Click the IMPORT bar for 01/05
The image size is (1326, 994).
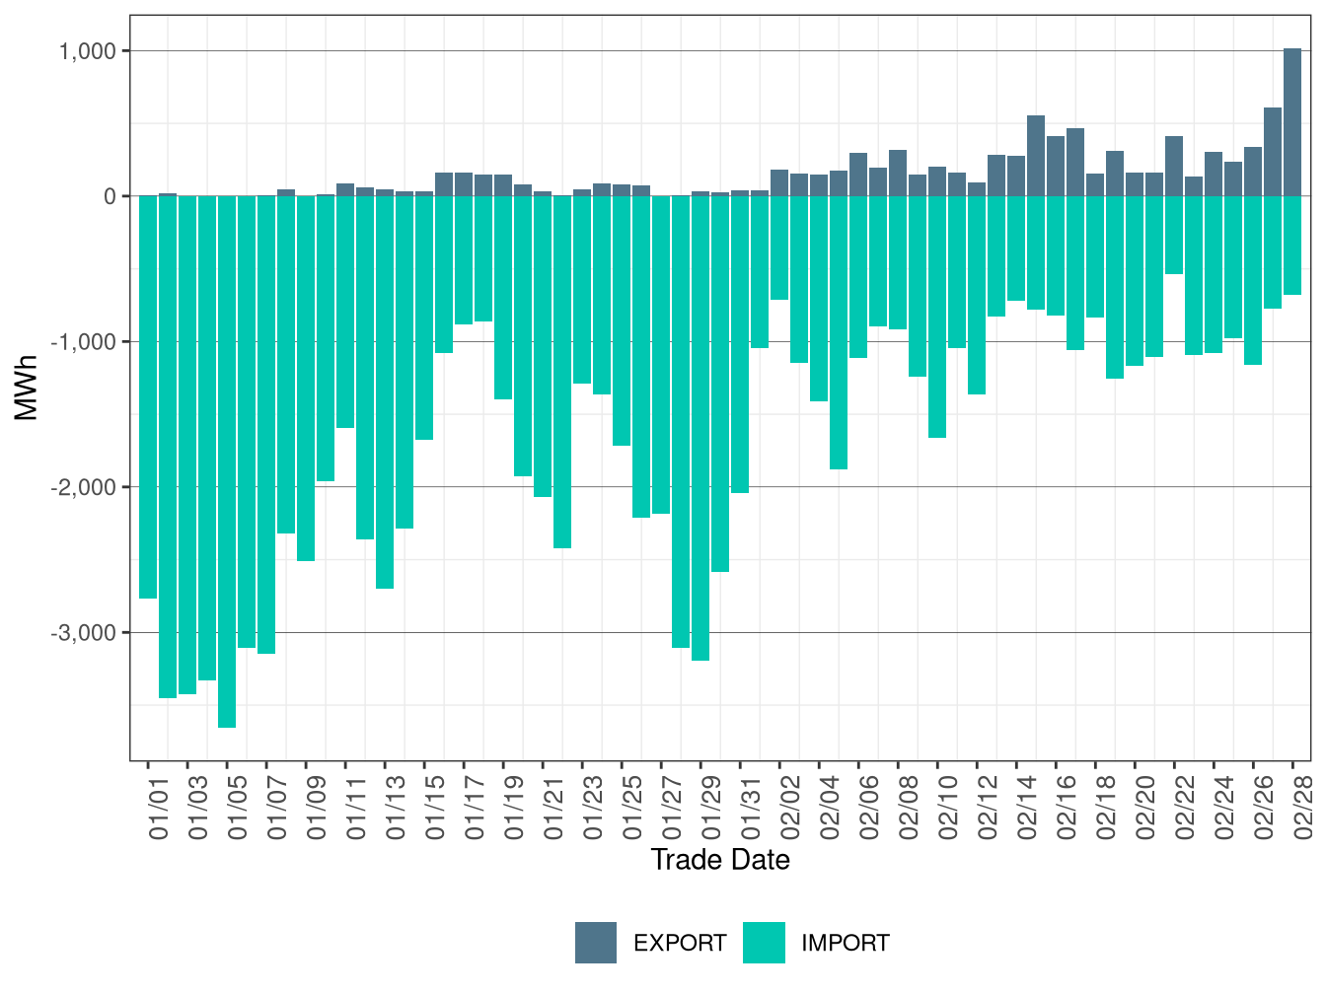227,461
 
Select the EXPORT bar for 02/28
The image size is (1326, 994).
1292,122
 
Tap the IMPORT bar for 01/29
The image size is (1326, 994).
700,428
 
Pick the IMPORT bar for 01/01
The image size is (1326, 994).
148,396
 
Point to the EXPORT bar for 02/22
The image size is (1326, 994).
1174,167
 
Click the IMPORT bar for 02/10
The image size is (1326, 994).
937,317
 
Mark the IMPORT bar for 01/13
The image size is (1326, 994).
385,391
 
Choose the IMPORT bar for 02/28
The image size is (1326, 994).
1292,245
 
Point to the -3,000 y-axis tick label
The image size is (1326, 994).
83,632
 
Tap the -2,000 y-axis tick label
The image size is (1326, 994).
83,487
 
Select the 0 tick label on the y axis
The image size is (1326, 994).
110,196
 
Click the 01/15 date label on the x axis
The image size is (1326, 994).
435,807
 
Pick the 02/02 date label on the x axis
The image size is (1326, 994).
790,807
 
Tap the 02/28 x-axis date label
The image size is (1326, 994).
1303,807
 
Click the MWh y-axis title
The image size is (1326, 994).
27,388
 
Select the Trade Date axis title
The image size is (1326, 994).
720,860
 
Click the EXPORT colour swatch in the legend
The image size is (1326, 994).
596,943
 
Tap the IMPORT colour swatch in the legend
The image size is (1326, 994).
764,943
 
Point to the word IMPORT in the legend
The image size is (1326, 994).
845,944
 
